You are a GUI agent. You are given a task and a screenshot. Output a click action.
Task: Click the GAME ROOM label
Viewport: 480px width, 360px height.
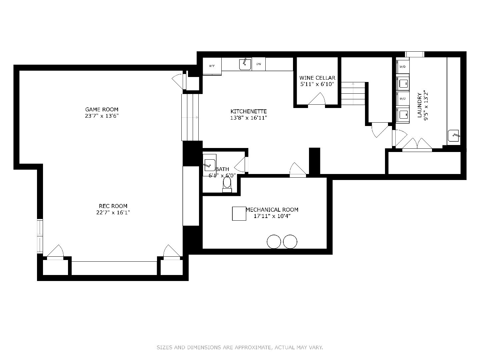click(x=102, y=109)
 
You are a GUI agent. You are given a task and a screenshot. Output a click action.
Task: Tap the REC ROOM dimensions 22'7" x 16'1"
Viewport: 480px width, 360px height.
click(x=113, y=213)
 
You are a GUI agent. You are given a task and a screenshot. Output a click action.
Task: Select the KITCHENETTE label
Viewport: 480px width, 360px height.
click(x=249, y=111)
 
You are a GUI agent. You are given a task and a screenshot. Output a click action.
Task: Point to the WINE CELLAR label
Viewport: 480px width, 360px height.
click(x=317, y=78)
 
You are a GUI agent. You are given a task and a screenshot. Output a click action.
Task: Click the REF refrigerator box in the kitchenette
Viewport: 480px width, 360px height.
click(x=212, y=66)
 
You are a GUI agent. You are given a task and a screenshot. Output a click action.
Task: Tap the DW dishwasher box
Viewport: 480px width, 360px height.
click(x=259, y=64)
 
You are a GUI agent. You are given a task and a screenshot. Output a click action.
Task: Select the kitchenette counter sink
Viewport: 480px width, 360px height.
click(x=245, y=64)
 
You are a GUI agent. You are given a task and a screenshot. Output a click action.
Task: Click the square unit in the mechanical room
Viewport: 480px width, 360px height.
click(x=239, y=213)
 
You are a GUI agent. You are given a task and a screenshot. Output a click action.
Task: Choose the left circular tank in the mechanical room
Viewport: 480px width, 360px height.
click(x=274, y=242)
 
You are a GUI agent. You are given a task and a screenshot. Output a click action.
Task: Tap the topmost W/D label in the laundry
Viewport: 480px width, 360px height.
click(x=402, y=67)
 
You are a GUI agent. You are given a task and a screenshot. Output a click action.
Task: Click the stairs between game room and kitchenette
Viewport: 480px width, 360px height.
click(x=190, y=117)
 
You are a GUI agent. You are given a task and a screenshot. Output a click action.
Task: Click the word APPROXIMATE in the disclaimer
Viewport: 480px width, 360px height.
click(x=253, y=348)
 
